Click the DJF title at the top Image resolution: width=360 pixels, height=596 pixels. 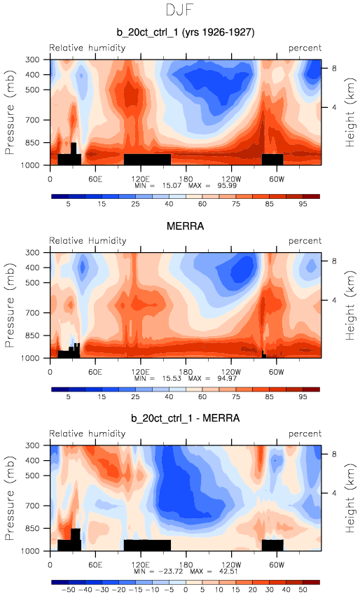(180, 10)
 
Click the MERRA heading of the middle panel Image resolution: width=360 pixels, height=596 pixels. (185, 226)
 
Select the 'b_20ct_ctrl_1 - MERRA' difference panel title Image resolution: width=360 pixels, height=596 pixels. (185, 419)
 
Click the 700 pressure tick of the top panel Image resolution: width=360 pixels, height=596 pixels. (32, 120)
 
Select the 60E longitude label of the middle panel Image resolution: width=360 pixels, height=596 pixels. (95, 372)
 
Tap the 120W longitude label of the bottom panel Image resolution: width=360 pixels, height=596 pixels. (230, 564)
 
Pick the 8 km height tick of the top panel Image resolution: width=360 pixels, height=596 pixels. (334, 69)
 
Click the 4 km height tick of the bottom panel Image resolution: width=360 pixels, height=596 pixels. (334, 493)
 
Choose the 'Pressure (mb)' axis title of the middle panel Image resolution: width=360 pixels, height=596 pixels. (10, 305)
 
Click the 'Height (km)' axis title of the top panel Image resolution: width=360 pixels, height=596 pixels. (349, 113)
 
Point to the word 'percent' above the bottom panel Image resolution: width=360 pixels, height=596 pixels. (305, 434)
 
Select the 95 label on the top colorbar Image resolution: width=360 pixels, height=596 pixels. (303, 204)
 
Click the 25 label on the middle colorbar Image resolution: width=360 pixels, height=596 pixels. (135, 397)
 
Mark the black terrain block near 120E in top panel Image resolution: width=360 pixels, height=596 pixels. (148, 160)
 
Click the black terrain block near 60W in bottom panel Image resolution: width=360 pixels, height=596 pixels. (272, 545)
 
